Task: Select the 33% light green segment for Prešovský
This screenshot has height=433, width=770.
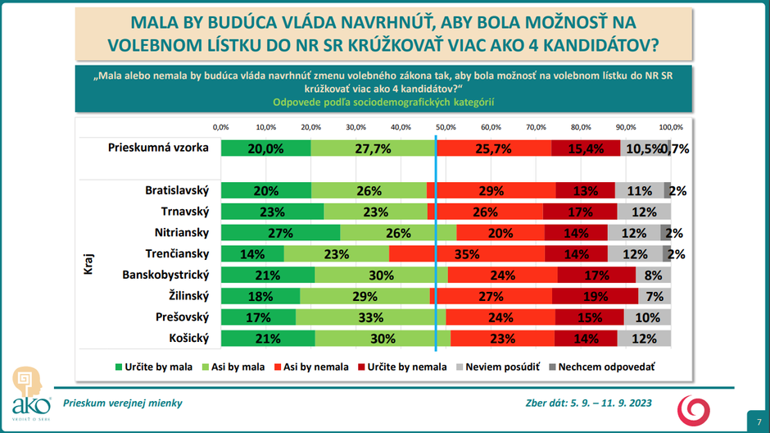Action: (x=371, y=317)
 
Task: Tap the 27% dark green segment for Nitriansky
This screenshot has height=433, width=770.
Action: (x=281, y=232)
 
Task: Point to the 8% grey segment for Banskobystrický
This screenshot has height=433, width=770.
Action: (x=653, y=275)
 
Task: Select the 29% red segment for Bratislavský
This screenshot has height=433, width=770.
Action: (x=491, y=190)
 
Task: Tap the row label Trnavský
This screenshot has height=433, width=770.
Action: (x=186, y=212)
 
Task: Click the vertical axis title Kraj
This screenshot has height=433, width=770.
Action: (x=88, y=264)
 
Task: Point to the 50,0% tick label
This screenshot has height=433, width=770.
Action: (x=446, y=127)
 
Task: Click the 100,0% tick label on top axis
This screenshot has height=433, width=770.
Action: (x=671, y=127)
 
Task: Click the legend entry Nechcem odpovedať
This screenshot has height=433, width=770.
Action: (x=606, y=367)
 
